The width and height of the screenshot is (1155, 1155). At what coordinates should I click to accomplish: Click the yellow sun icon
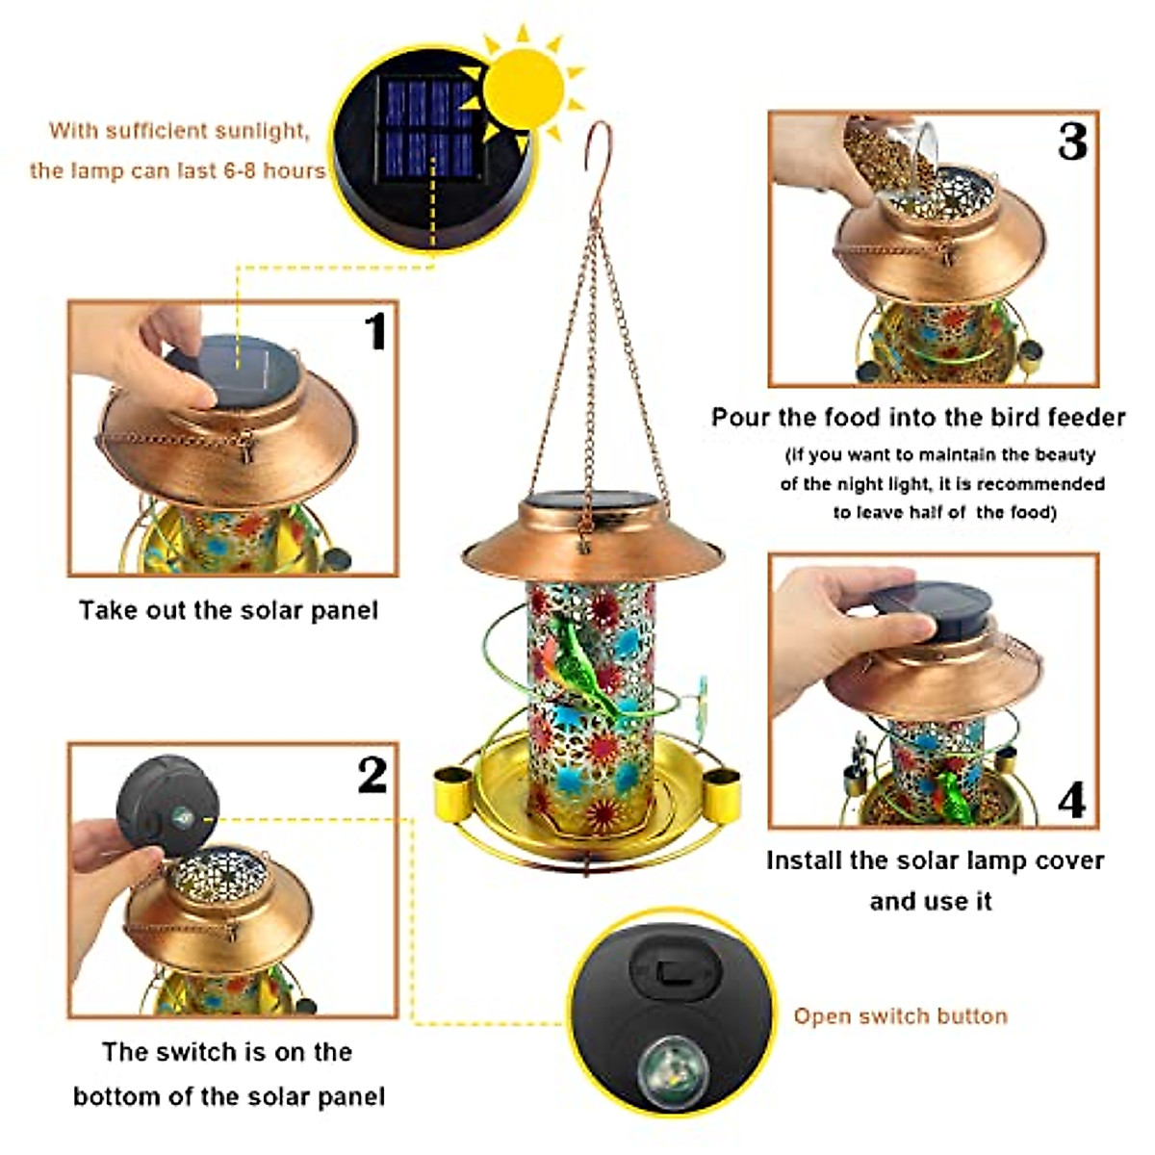pos(523,89)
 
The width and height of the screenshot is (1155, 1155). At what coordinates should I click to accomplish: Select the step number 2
pos(372,775)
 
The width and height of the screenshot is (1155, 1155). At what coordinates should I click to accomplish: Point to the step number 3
pos(1071,142)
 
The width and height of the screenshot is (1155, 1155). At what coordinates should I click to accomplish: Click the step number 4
pos(1071,799)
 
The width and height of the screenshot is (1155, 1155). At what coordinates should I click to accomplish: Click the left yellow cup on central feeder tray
pos(450,789)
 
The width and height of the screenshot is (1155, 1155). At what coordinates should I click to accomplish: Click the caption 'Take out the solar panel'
pos(228,610)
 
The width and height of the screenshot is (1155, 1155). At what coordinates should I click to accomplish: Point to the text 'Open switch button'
pos(900,1016)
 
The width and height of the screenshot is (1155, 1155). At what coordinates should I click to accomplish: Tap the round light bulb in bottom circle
pos(672,1065)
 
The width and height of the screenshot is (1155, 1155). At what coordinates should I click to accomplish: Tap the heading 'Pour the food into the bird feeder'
pos(917,417)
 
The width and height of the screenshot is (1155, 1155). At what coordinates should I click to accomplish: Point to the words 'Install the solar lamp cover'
pos(934,860)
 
